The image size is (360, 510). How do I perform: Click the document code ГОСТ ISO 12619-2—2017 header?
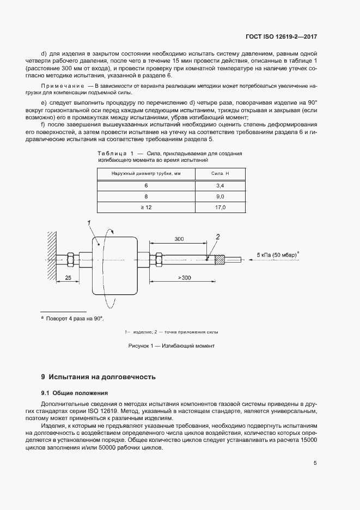[x=281, y=37]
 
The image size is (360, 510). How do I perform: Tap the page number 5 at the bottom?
[x=315, y=463]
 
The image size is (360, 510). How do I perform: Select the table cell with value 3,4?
[x=220, y=186]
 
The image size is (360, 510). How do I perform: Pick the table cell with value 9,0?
[x=220, y=197]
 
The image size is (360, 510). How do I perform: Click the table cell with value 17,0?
[x=220, y=208]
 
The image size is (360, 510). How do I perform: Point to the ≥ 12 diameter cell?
[x=146, y=208]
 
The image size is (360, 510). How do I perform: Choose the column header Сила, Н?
[x=220, y=173]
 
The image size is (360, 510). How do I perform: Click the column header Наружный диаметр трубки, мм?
[x=146, y=173]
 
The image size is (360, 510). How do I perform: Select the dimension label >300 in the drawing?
[x=184, y=278]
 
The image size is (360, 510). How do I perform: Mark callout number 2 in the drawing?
[x=217, y=236]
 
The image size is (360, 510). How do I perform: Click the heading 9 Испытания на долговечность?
[x=99, y=377]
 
